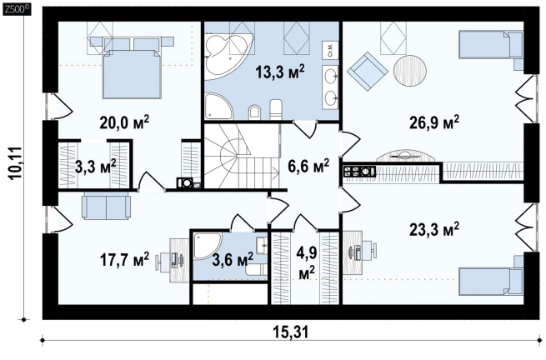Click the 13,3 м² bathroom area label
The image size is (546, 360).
pyautogui.click(x=280, y=72)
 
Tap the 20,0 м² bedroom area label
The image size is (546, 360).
pyautogui.click(x=124, y=122)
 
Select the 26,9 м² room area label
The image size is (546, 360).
pyautogui.click(x=433, y=122)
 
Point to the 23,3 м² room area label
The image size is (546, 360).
pyautogui.click(x=433, y=229)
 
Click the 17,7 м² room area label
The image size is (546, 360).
pyautogui.click(x=124, y=259)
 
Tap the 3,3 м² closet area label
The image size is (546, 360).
pyautogui.click(x=96, y=166)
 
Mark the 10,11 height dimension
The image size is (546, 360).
pyautogui.click(x=17, y=163)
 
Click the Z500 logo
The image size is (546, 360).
pyautogui.click(x=17, y=10)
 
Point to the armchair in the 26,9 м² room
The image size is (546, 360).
pyautogui.click(x=367, y=71)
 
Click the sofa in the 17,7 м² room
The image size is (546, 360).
pyautogui.click(x=106, y=207)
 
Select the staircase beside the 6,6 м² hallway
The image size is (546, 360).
pyautogui.click(x=242, y=157)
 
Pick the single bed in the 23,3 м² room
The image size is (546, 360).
pyautogui.click(x=491, y=277)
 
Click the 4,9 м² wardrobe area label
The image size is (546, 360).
pyautogui.click(x=307, y=262)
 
